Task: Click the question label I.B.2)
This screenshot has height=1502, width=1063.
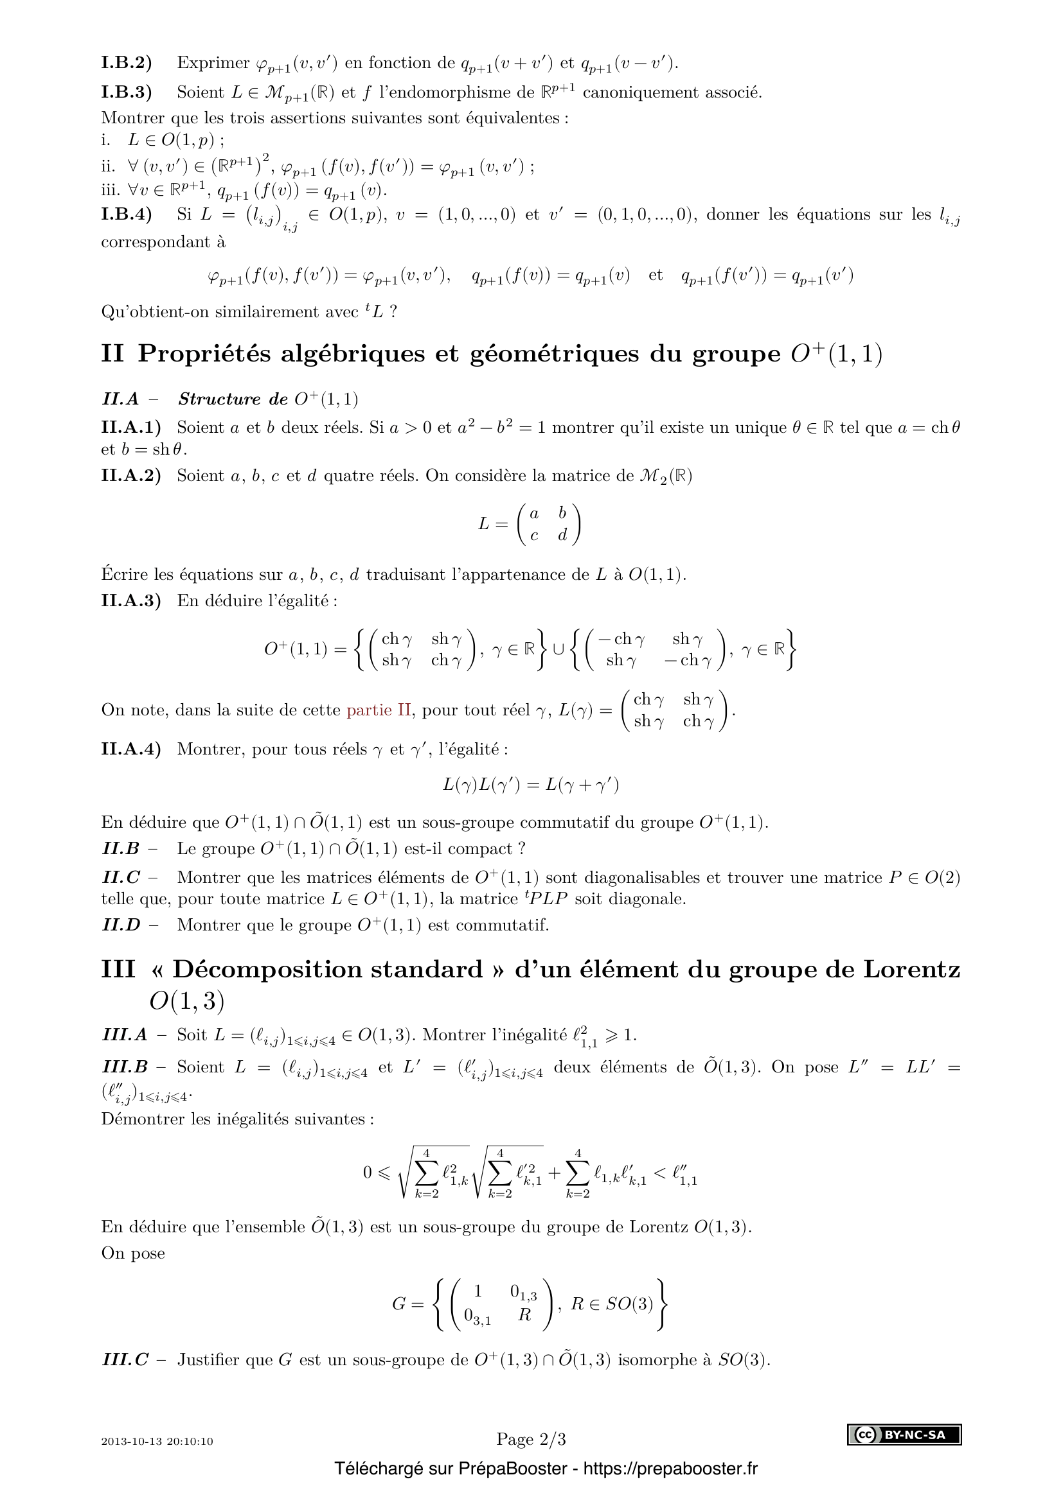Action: tap(127, 63)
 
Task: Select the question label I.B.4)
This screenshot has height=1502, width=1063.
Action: tap(127, 214)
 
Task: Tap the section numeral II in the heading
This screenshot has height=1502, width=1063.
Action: tap(112, 354)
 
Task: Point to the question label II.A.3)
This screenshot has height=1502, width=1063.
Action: tap(131, 600)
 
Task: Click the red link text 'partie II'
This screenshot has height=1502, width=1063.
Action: tap(379, 710)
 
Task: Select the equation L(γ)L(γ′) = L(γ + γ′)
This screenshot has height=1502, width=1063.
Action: tap(531, 784)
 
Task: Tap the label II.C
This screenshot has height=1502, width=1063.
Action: tap(121, 877)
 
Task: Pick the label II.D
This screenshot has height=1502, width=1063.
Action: tap(121, 925)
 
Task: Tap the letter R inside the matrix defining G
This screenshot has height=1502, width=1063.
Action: tap(524, 1314)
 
